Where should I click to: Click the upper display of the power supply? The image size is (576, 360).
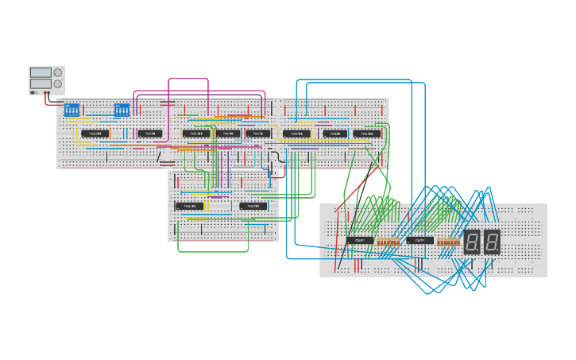41,72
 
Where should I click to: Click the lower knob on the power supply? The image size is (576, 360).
58,83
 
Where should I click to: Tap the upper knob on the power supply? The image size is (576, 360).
58,72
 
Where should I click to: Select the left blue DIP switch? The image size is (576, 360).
72,109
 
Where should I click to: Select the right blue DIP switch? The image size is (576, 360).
122,109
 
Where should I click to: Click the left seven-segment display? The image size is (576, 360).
472,242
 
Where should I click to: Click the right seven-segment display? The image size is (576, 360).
492,242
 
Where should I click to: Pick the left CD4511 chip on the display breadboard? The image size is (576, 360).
360,240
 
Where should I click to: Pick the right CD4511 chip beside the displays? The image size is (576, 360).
420,240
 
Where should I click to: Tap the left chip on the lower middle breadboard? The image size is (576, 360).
190,206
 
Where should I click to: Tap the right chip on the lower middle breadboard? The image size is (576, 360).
253,206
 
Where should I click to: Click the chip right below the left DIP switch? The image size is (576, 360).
95,134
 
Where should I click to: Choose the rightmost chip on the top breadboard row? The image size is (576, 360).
367,134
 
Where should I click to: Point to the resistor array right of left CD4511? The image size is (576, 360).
389,241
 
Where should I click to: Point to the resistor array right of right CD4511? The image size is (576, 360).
449,241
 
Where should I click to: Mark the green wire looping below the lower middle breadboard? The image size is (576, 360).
213,251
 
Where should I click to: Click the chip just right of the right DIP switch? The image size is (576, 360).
150,134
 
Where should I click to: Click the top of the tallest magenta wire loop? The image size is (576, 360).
188,78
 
